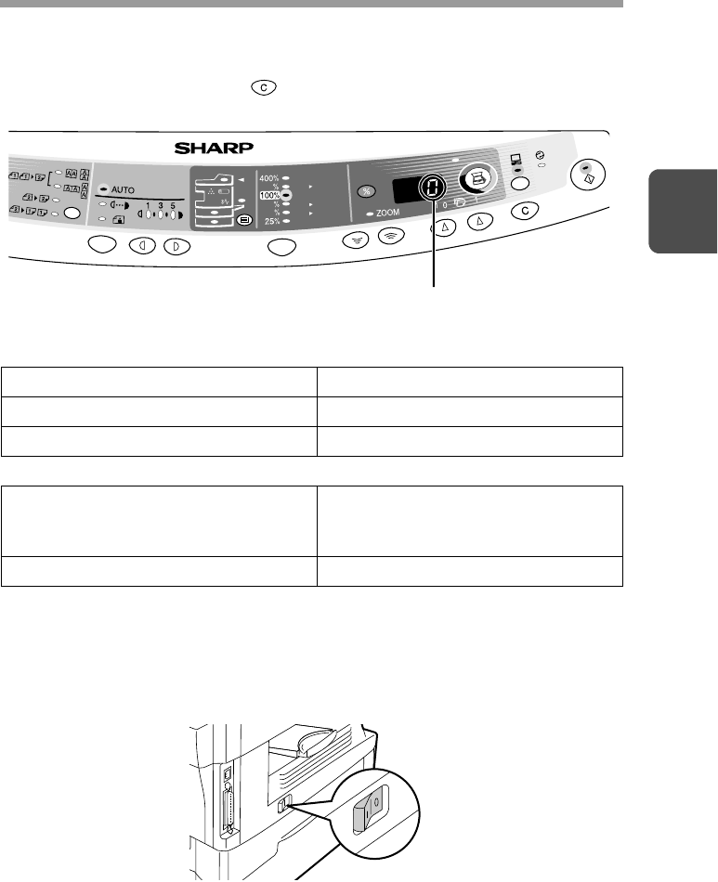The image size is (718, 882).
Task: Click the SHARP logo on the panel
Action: click(214, 148)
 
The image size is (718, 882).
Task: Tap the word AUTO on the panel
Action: click(123, 190)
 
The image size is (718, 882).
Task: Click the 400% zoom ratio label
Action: click(269, 178)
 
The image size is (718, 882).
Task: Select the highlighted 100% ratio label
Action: click(270, 195)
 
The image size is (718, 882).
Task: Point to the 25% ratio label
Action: click(272, 221)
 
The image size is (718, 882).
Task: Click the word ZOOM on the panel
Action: click(387, 213)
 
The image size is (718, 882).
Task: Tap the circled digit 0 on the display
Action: click(433, 188)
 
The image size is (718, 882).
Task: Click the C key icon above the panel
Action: click(264, 88)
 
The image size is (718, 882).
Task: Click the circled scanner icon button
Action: click(477, 179)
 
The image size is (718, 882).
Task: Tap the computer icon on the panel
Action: click(516, 159)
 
